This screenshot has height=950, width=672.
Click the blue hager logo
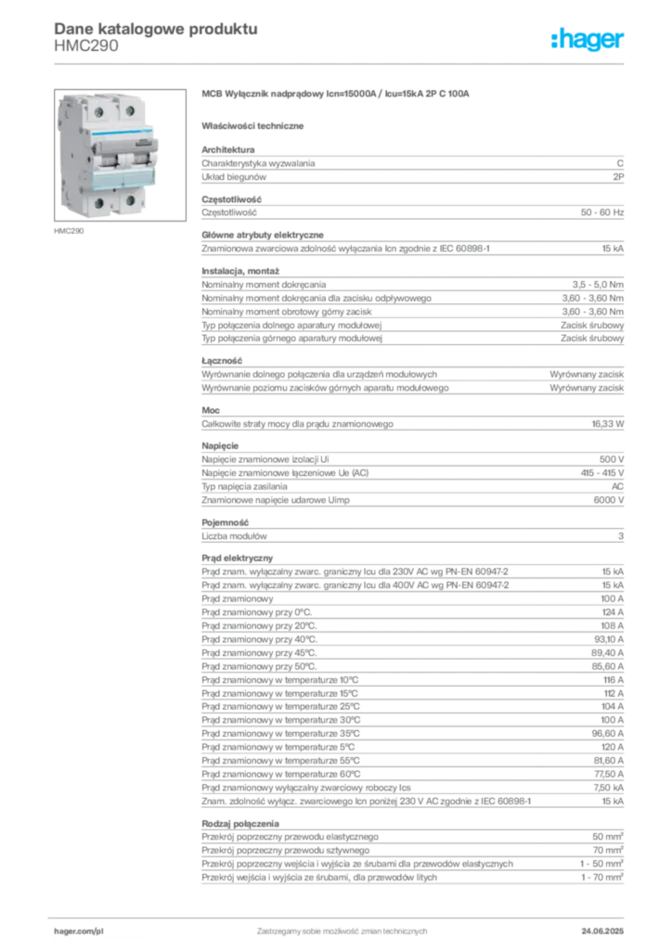pos(589,40)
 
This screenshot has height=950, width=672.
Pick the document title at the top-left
pos(154,29)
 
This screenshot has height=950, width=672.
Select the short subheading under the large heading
pos(255,125)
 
